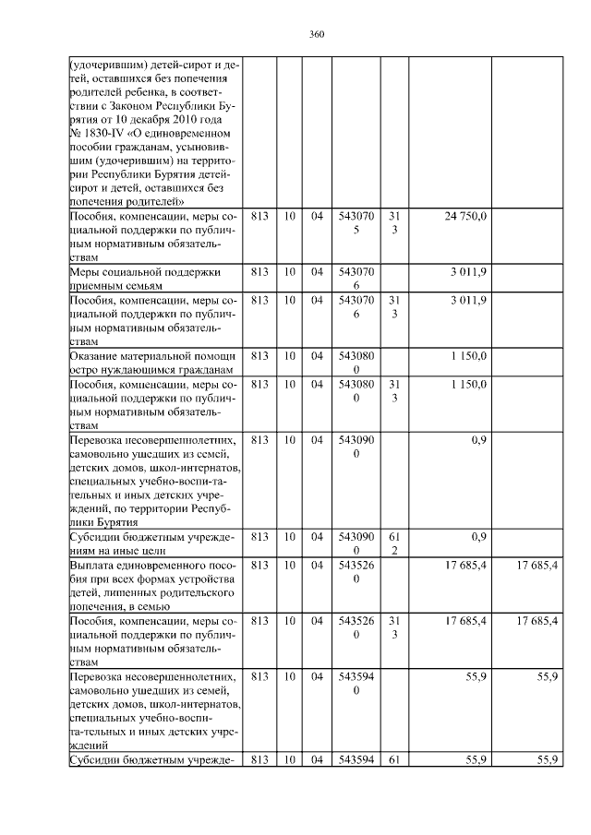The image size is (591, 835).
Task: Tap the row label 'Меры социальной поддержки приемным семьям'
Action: [152, 279]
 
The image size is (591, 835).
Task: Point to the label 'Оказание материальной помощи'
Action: [152, 355]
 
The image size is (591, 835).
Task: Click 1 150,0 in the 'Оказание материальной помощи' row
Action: [469, 355]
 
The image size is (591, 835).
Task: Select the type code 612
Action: [393, 543]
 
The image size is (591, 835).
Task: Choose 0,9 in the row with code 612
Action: [479, 536]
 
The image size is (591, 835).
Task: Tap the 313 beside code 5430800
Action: [393, 389]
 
